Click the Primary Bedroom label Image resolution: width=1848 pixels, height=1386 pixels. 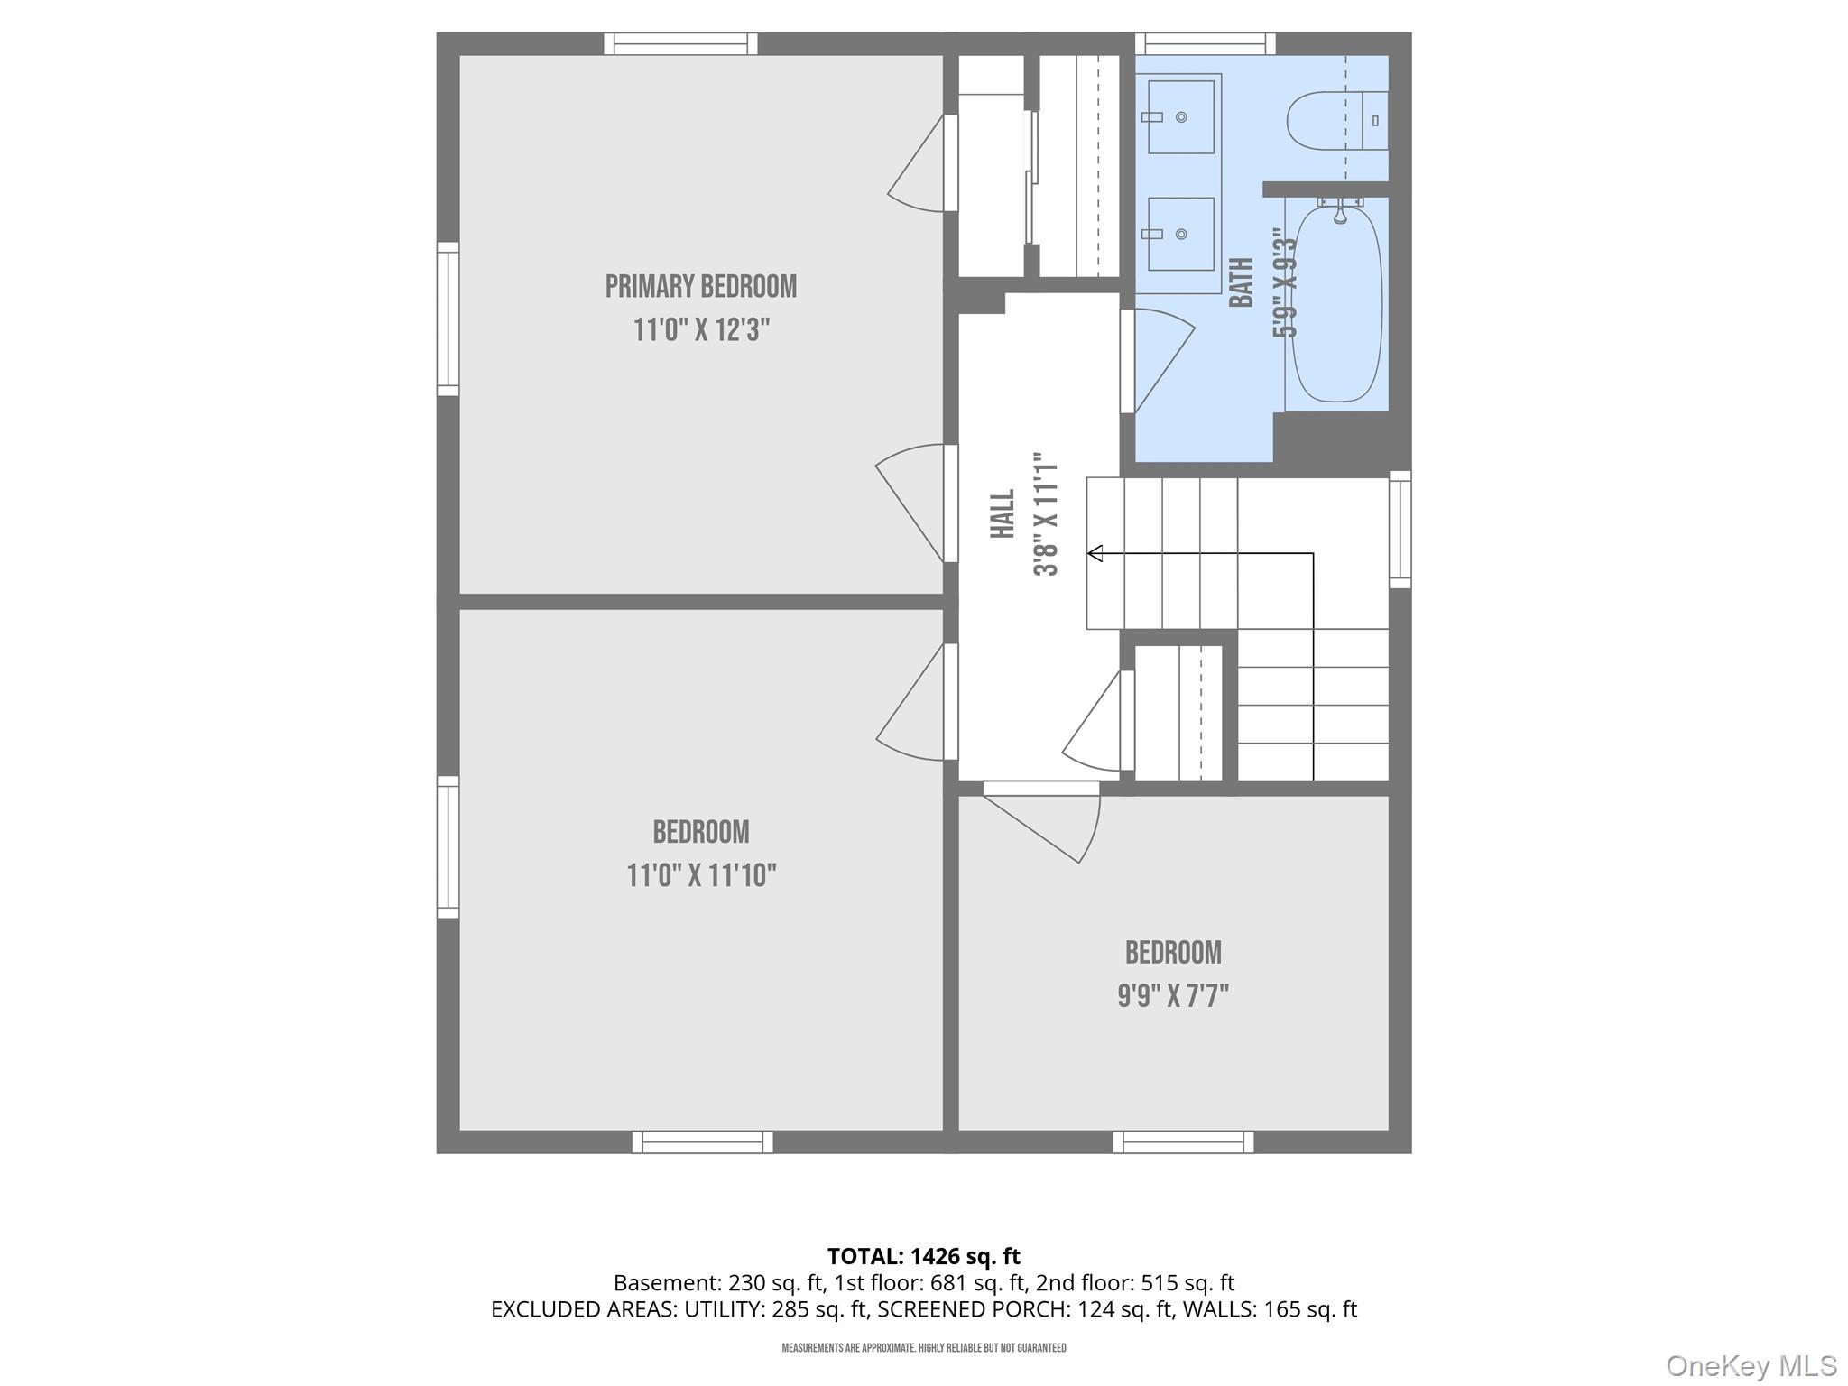tap(700, 287)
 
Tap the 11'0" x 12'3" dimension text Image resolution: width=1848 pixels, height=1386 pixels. tap(700, 330)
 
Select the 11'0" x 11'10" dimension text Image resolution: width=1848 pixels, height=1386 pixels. tap(701, 875)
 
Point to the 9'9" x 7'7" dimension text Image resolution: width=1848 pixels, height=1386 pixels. tap(1173, 996)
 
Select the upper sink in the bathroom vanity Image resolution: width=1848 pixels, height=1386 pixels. tap(1180, 117)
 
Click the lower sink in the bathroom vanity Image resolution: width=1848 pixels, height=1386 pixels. tap(1180, 235)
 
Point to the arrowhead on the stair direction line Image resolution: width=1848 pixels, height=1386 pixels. tap(1095, 553)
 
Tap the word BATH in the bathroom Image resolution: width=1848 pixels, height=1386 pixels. tap(1243, 282)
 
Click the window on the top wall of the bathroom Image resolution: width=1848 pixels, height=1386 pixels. tap(1205, 43)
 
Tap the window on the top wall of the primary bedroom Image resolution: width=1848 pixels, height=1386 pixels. tap(680, 43)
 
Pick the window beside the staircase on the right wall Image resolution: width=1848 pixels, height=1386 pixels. tap(1400, 530)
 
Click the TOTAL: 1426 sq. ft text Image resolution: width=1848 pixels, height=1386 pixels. tap(923, 1256)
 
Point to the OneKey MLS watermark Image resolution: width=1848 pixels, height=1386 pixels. tap(1751, 1366)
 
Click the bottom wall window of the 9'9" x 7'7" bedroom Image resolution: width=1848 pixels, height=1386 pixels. tap(1183, 1142)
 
